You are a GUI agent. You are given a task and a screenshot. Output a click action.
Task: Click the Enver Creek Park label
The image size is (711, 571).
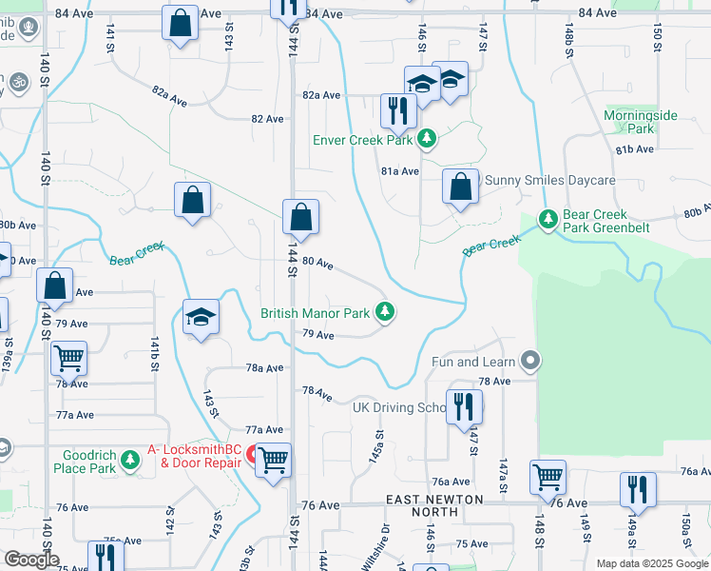click(363, 140)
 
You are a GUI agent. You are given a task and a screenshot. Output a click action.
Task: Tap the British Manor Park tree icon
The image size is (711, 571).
click(385, 311)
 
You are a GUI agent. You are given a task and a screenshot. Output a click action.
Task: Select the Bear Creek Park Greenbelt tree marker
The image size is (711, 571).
click(548, 219)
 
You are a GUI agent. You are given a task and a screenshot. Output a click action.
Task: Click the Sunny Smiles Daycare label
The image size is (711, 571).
click(550, 180)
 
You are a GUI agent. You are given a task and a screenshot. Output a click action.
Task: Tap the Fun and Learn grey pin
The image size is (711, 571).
click(531, 362)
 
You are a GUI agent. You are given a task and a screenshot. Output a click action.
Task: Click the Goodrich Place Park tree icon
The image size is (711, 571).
click(130, 462)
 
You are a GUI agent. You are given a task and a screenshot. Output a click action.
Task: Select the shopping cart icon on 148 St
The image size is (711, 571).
click(548, 477)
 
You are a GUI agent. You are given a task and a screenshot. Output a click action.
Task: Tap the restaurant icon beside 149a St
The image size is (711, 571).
click(637, 489)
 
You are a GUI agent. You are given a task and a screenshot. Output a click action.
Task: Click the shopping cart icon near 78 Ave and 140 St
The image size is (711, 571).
click(69, 358)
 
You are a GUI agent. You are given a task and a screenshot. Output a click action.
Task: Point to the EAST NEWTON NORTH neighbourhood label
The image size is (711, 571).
click(435, 505)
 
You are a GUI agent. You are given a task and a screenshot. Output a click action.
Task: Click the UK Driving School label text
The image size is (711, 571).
click(399, 407)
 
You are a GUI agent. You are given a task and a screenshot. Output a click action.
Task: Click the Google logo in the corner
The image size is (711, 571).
click(31, 560)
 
